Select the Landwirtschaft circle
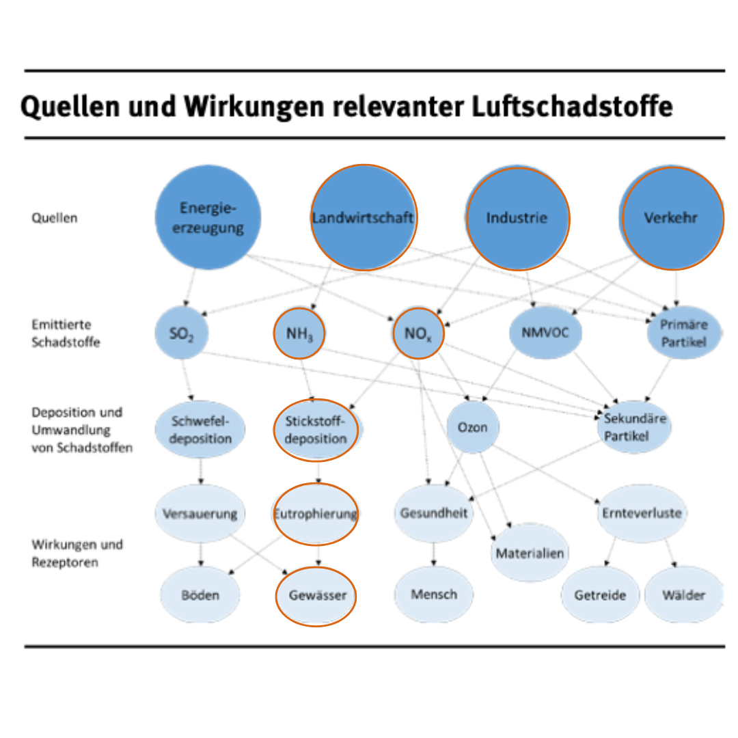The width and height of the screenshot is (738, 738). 364,217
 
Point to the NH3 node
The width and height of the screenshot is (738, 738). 299,334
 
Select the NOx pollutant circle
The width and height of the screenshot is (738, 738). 419,334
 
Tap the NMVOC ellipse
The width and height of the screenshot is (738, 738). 544,333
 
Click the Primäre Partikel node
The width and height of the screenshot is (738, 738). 683,333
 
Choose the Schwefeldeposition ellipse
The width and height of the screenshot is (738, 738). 200,429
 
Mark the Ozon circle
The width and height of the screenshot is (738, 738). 473,427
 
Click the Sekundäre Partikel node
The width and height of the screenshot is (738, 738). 635,427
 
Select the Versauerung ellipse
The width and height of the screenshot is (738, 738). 200,513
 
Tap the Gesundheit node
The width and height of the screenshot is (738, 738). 434,512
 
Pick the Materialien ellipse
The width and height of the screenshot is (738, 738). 530,553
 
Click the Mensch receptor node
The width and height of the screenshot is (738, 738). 434,594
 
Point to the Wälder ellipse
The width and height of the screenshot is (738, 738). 683,594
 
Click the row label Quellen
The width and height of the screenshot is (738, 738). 55,218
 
